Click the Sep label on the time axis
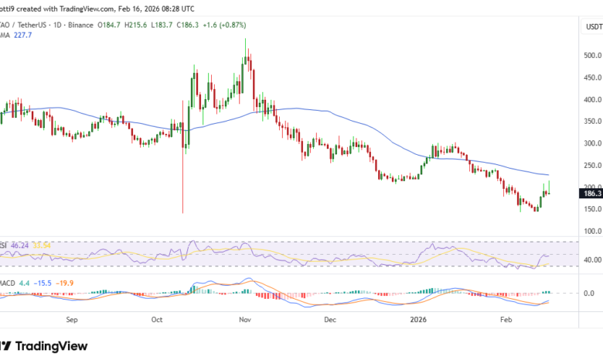pos(73,318)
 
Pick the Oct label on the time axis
pos(157,318)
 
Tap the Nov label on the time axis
pos(245,318)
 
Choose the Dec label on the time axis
pos(330,318)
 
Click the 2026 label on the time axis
pos(418,318)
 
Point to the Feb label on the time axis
pos(506,318)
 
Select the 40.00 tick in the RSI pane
pos(591,259)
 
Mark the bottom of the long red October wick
pos(183,213)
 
